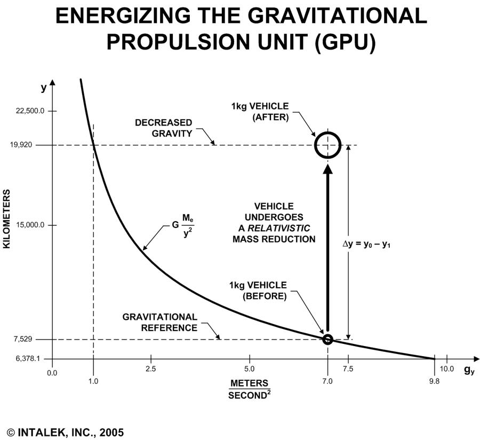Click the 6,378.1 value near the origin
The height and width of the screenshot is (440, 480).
tap(28, 359)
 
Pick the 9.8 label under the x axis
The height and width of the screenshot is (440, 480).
tap(434, 381)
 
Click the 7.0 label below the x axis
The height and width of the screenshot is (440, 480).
tap(327, 381)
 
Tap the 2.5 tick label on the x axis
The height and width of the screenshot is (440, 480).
tap(150, 369)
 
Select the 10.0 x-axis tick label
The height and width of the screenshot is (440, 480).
tap(447, 369)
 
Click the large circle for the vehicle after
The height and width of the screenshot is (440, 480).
tap(327, 145)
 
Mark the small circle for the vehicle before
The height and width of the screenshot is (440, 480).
tap(327, 339)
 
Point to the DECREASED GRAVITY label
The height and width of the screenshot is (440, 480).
tap(163, 128)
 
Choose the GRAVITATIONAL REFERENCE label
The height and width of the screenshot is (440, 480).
tap(160, 322)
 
